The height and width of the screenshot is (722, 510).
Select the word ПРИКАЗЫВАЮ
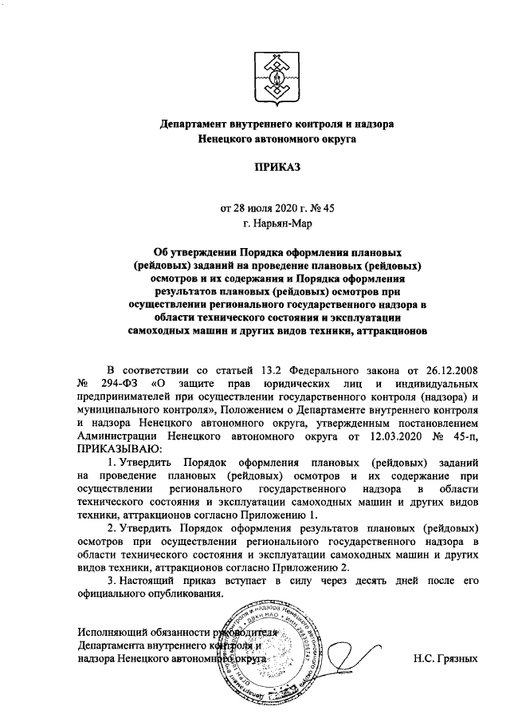[x=116, y=451]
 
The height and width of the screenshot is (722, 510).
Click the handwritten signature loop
[x=351, y=656]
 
